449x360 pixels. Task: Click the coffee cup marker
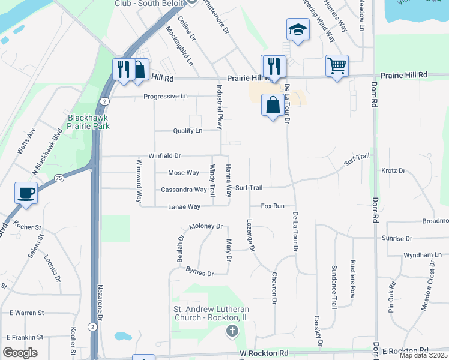point(26,193)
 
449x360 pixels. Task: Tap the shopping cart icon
point(337,65)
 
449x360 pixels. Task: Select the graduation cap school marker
point(297,29)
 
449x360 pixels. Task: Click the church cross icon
point(232,331)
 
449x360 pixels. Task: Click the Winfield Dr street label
point(164,156)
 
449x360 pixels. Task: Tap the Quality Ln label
point(187,131)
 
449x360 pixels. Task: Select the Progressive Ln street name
point(165,97)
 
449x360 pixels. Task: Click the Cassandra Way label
point(184,190)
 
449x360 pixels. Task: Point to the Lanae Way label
point(184,206)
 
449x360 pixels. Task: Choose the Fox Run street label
point(273,206)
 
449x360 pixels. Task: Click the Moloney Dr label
point(206,227)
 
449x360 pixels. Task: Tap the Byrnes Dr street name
point(200,273)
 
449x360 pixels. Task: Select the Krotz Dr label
point(393,171)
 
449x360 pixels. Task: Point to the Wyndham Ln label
point(423,255)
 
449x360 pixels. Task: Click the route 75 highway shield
point(59,178)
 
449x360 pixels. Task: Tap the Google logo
point(20,353)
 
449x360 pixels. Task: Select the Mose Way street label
point(183,173)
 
